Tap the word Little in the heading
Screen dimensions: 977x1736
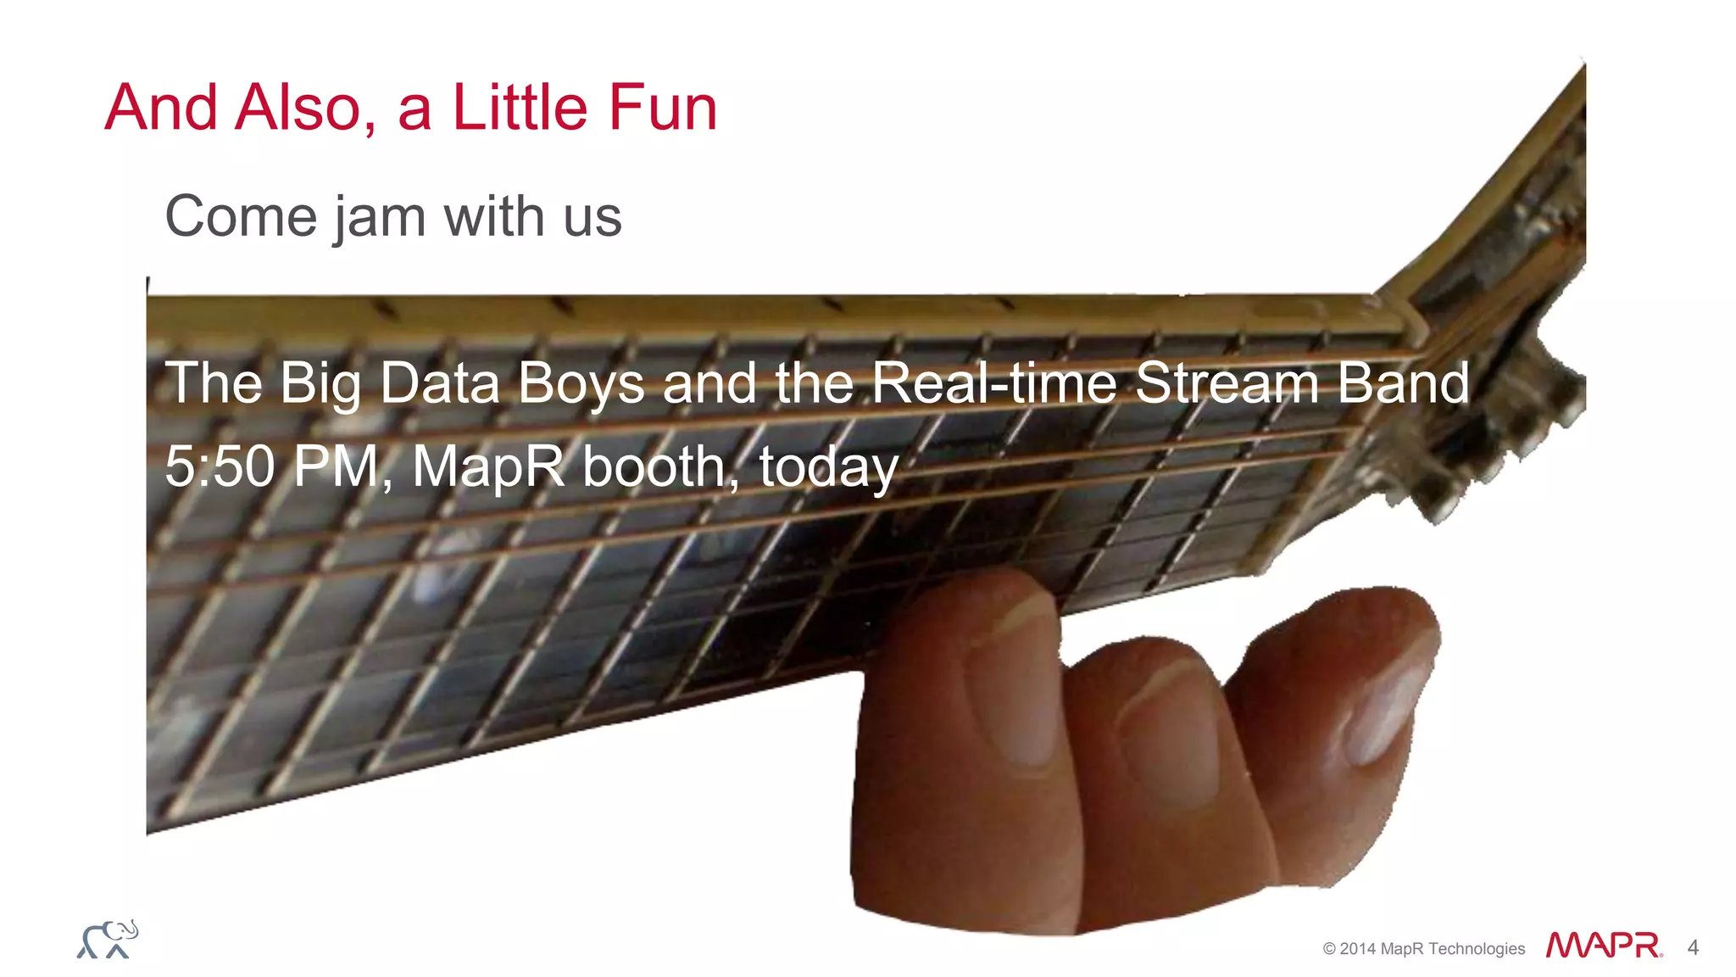(520, 109)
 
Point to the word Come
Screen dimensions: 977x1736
(241, 217)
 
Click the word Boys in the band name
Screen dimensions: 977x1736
(581, 384)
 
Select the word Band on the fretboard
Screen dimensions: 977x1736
(1403, 382)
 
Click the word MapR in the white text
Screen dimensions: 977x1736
(488, 466)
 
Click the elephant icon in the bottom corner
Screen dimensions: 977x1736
(108, 939)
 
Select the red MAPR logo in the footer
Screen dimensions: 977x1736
(1604, 946)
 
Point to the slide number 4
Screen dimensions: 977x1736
(1693, 947)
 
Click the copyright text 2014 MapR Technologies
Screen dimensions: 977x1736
(1424, 949)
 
